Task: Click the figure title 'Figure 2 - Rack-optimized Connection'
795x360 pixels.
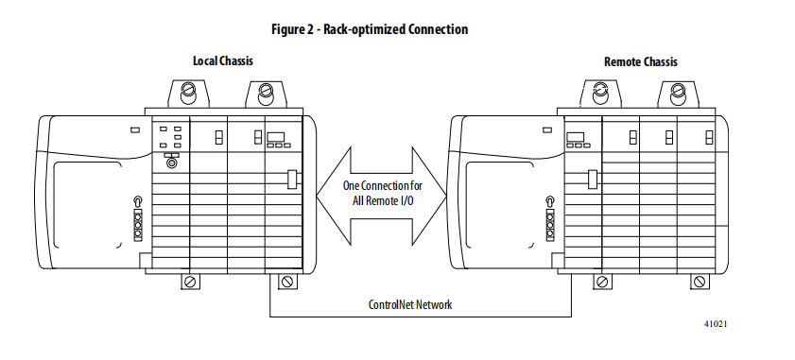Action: (x=370, y=29)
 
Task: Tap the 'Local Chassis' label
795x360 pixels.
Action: (x=222, y=60)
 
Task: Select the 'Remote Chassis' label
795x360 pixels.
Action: (x=640, y=61)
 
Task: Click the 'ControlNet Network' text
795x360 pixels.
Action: (x=409, y=304)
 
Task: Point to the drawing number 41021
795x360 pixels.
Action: (x=716, y=323)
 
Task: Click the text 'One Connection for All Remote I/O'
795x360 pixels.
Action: (x=382, y=193)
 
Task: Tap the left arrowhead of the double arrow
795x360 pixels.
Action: (x=334, y=196)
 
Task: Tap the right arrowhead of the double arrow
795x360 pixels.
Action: (x=429, y=196)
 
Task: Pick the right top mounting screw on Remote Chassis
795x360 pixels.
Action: (x=678, y=92)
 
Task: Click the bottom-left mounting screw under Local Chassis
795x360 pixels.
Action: (x=190, y=282)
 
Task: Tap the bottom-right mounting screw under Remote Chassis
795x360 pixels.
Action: (x=700, y=282)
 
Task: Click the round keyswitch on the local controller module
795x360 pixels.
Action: (x=172, y=163)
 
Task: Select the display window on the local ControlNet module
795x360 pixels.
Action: (x=276, y=137)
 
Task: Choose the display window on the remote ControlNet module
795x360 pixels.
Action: (x=576, y=137)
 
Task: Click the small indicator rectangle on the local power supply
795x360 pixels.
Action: (x=135, y=130)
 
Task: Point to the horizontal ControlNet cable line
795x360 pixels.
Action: (x=421, y=317)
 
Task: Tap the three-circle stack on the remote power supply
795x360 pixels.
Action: (x=550, y=225)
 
